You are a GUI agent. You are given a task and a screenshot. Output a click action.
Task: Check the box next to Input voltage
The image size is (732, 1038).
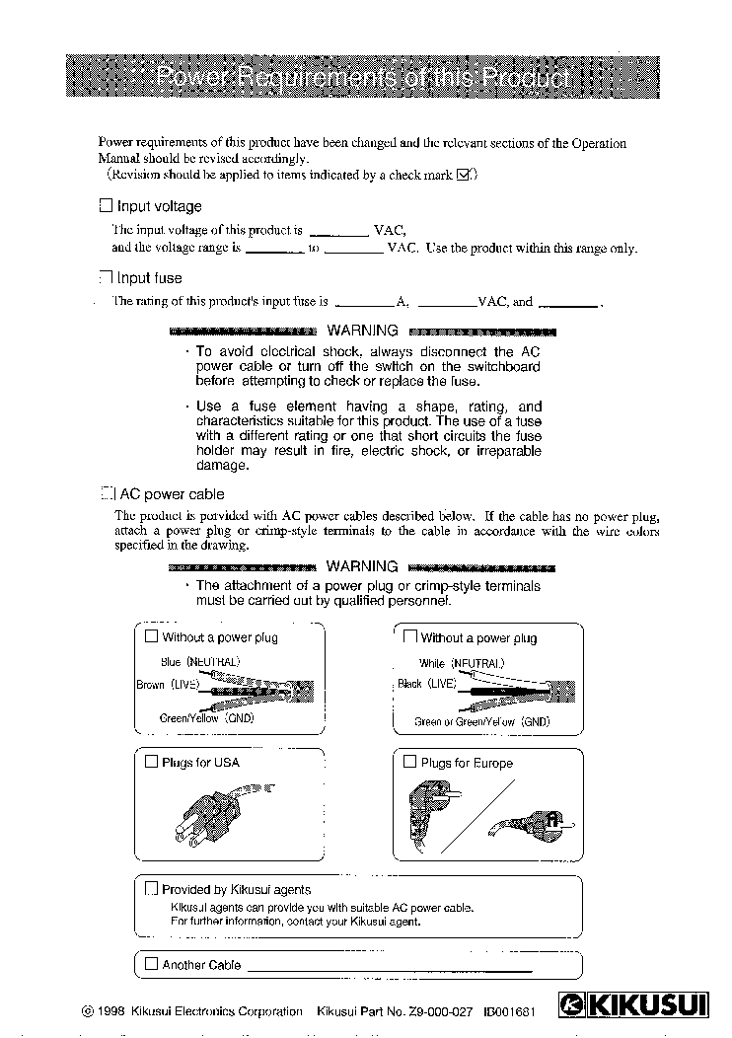107,206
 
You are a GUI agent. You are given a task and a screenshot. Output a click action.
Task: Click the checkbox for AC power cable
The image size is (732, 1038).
107,493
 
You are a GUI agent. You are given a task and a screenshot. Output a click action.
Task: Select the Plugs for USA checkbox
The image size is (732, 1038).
151,762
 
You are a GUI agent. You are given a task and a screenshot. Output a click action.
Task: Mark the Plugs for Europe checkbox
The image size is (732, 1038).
410,762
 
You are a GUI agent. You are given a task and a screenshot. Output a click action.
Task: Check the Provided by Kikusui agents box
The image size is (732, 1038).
151,889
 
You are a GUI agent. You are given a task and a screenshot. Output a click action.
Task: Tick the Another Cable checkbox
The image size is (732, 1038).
151,964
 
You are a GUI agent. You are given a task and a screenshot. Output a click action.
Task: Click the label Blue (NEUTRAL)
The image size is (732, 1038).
200,662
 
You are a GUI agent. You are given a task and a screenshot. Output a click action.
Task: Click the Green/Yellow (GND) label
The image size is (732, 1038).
206,718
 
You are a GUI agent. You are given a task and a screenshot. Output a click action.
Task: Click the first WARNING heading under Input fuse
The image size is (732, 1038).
362,331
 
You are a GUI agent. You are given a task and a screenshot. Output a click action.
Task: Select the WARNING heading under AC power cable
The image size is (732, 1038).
362,566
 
